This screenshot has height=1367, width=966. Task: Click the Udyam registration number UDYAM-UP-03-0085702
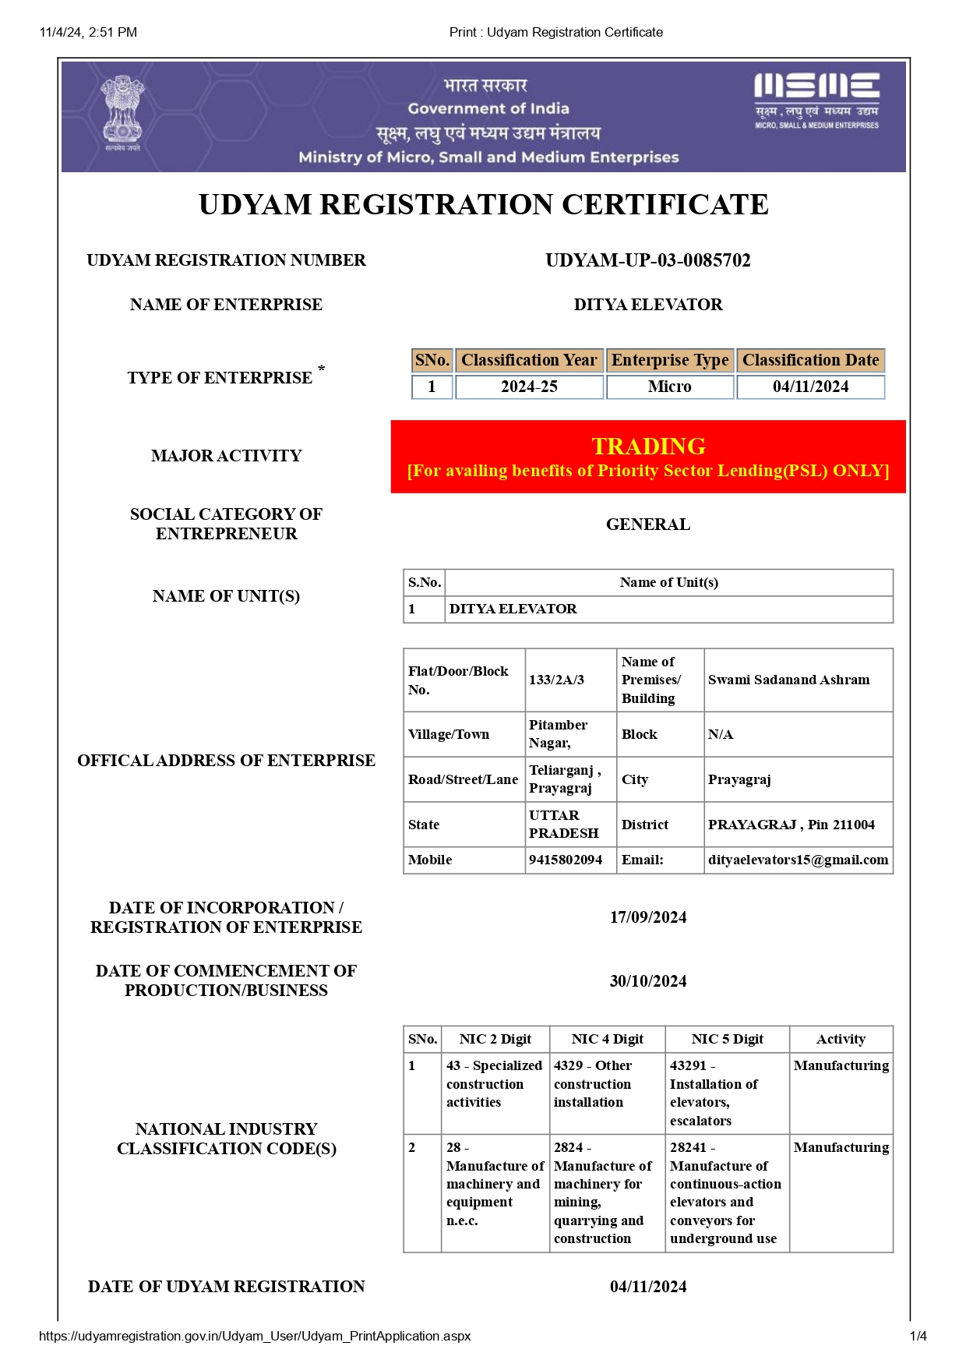647,260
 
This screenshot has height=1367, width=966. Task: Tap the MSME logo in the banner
816,101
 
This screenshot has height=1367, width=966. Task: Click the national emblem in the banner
123,112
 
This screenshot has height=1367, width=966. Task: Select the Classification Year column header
529,360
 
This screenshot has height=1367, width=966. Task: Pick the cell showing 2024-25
529,387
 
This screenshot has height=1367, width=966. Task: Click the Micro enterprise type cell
669,387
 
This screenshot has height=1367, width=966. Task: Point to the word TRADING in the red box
648,446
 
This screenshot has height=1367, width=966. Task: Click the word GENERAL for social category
647,525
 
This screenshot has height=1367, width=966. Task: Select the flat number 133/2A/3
556,680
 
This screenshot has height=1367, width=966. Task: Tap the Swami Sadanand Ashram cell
788,680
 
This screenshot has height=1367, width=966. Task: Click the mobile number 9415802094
566,860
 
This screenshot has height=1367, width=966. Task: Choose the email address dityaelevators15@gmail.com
798,860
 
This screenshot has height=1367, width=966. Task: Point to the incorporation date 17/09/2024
647,917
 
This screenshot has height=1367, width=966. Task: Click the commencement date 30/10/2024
647,981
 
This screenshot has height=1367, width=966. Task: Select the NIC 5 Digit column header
727,1039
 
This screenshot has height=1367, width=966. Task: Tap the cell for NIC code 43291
713,1093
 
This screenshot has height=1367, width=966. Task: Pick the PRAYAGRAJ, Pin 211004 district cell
791,825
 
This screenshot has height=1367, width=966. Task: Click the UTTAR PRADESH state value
563,825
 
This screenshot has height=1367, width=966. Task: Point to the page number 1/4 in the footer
918,1336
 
